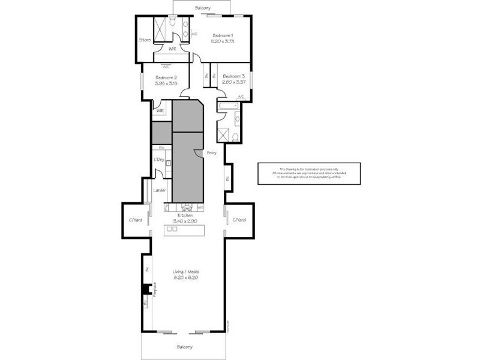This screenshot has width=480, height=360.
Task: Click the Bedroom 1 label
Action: click(x=222, y=36)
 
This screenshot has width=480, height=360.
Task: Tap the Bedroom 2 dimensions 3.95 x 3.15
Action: click(x=166, y=83)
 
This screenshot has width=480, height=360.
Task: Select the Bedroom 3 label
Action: click(x=234, y=76)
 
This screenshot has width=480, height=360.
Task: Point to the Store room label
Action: click(x=145, y=40)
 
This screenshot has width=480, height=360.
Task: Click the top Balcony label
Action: click(x=203, y=8)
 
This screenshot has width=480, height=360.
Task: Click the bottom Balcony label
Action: click(x=185, y=347)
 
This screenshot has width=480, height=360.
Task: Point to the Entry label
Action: click(x=212, y=153)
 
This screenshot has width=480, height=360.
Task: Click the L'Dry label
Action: click(x=160, y=159)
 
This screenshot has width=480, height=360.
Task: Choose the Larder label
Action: click(x=160, y=190)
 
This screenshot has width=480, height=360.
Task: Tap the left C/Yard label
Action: click(x=135, y=220)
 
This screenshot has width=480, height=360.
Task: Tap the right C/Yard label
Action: click(x=239, y=220)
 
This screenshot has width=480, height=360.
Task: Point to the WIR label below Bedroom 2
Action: click(x=160, y=111)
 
